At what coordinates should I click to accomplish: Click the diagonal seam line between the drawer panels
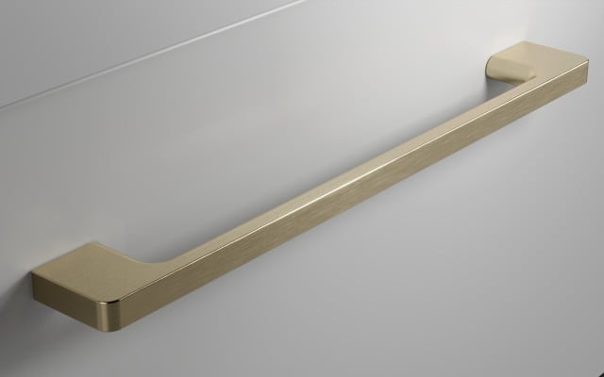point(142,52)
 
